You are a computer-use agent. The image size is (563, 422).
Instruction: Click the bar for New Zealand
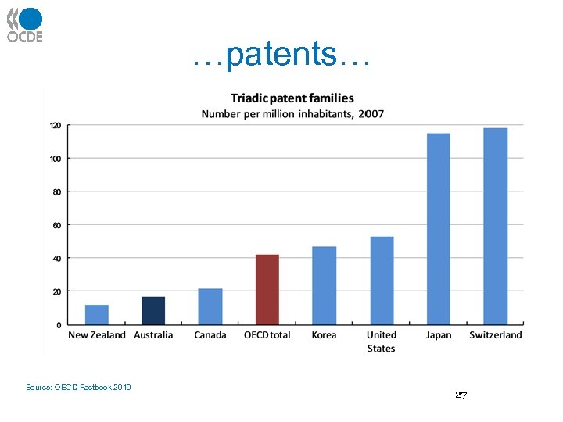point(97,314)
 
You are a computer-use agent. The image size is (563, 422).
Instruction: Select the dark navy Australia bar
point(153,310)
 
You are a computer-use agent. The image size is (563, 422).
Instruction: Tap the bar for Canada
point(210,306)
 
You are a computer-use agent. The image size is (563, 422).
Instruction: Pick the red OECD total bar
point(267,289)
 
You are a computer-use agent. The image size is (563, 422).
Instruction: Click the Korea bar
point(325,285)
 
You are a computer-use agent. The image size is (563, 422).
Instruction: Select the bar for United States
point(382,281)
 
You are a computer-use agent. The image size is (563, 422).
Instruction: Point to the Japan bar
point(439,229)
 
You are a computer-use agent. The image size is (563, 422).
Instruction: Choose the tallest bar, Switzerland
point(496,226)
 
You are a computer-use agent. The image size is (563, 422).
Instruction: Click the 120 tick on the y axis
point(56,125)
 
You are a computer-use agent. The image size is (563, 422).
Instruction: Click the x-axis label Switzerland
point(496,335)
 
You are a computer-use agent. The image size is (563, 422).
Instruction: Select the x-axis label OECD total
point(267,335)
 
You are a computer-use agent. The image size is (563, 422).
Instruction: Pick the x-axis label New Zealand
point(97,335)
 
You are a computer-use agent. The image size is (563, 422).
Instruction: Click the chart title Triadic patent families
point(292,98)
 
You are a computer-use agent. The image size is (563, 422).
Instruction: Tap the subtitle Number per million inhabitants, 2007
point(292,114)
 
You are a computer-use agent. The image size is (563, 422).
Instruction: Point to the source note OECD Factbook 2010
point(78,388)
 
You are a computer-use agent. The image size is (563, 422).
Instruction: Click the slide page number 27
point(461,395)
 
